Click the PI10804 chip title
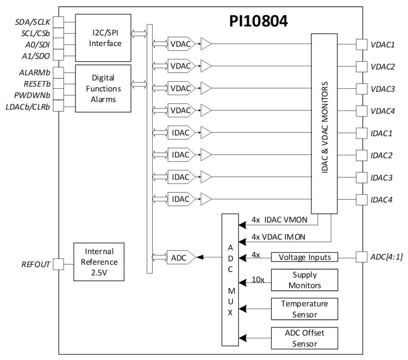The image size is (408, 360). point(259,22)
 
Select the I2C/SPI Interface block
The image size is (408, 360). point(103,38)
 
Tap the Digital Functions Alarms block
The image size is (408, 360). point(103,88)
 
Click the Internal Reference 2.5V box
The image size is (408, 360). point(99,261)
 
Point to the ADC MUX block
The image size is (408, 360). point(230,280)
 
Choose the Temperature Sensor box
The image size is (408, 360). point(304,309)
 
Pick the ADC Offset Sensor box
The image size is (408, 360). point(304,338)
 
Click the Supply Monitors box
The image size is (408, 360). point(304,280)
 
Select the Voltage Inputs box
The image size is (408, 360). point(304,257)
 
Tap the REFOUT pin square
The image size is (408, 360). point(58,264)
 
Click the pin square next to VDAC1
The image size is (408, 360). point(362,45)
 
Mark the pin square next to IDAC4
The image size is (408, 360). point(362,199)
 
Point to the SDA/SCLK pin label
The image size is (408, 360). point(32,22)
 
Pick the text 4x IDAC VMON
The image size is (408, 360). point(279,219)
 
